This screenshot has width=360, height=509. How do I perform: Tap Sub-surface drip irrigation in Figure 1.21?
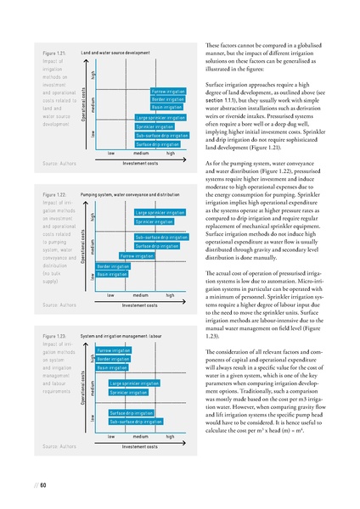pyautogui.click(x=149, y=135)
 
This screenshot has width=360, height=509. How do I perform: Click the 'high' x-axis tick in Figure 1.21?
pyautogui.click(x=171, y=153)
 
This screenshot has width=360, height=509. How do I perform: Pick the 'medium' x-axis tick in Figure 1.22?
pyautogui.click(x=140, y=294)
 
